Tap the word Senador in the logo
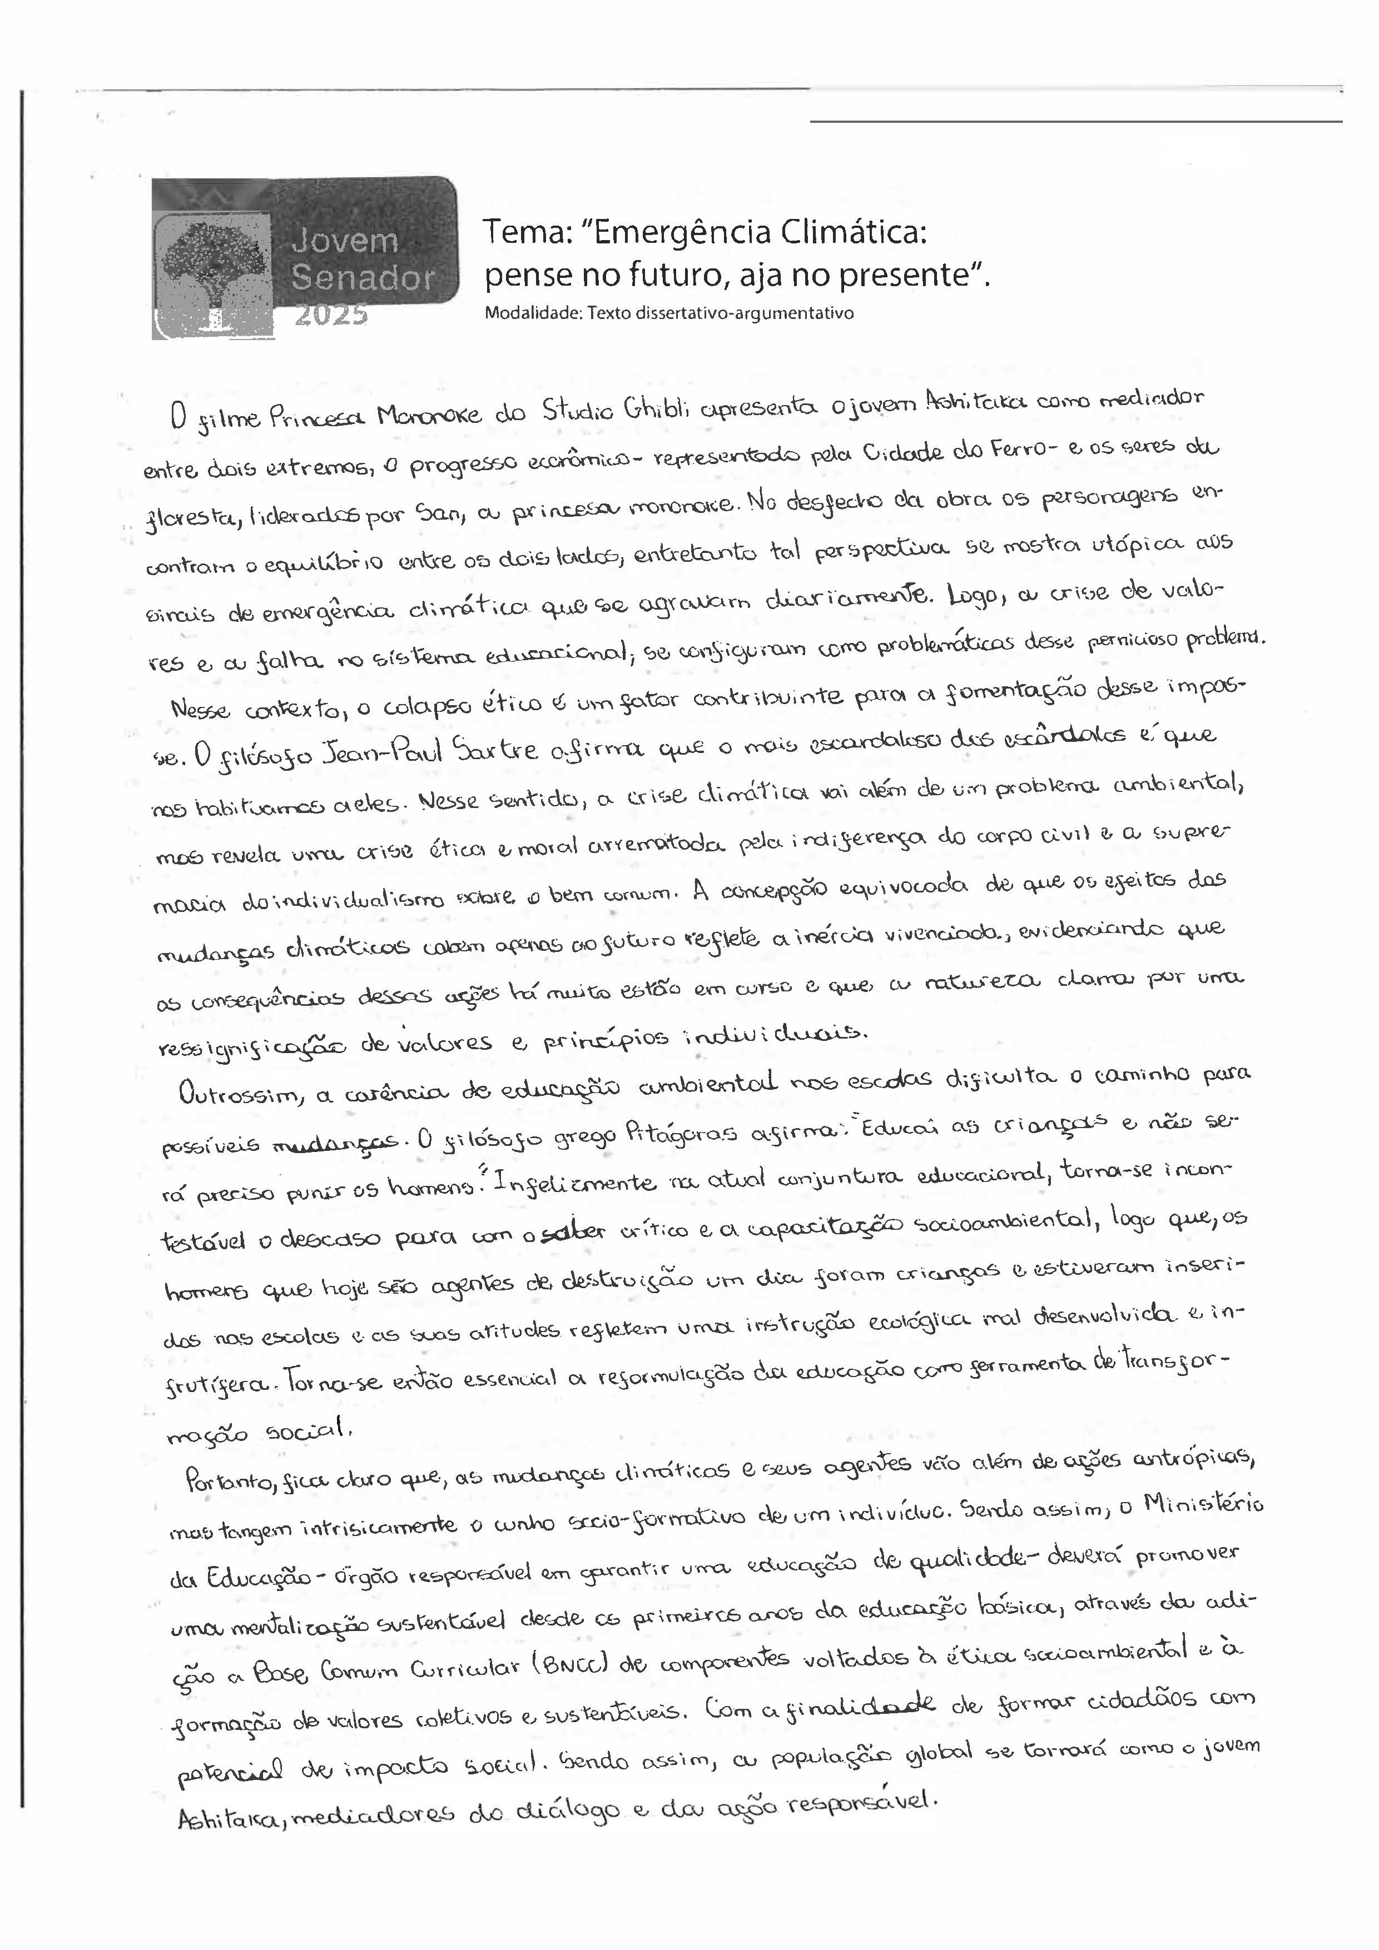(x=363, y=278)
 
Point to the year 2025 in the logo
(x=331, y=315)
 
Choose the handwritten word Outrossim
(x=239, y=1095)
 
